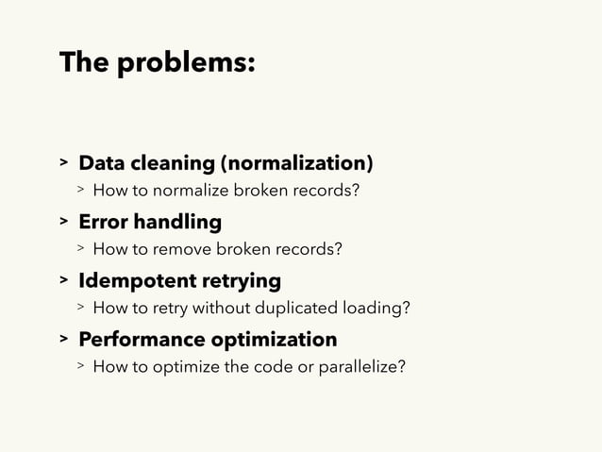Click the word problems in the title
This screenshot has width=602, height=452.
tap(185, 65)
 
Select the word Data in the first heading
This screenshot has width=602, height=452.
tap(100, 164)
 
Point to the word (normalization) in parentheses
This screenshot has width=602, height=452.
tap(296, 164)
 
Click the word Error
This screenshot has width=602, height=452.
tap(103, 223)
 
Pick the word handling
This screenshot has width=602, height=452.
tap(178, 223)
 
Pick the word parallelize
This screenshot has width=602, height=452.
tap(366, 365)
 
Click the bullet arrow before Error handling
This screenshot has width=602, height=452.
tap(64, 224)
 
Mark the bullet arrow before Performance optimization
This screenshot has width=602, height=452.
tap(64, 340)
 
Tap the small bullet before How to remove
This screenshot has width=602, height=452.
tap(82, 249)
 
